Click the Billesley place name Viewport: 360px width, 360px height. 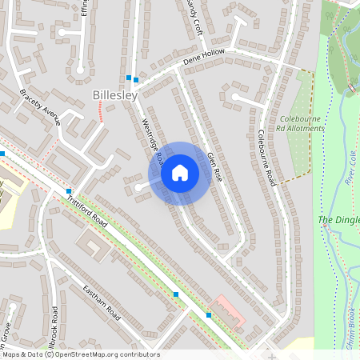click(x=115, y=95)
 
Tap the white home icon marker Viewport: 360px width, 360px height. click(x=180, y=173)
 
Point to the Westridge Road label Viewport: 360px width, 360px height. click(x=152, y=138)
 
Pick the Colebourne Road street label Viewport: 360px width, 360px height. click(x=266, y=157)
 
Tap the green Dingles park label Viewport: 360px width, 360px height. click(x=338, y=220)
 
